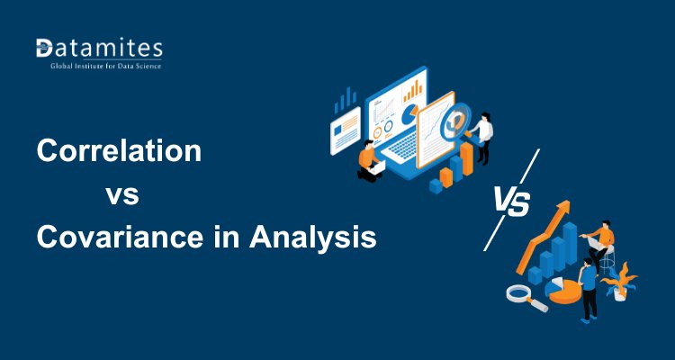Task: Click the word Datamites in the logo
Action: coord(99,48)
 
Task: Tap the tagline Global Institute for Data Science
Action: coord(99,67)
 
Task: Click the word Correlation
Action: coord(119,151)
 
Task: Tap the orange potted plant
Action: coord(621,282)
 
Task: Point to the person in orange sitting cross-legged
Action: coord(368,159)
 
